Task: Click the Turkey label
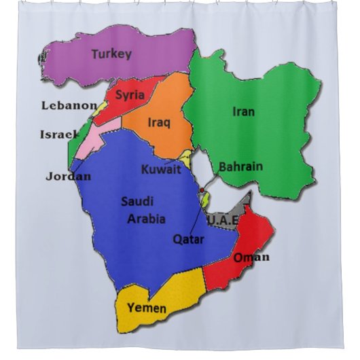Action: click(x=111, y=54)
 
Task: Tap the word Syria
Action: click(x=130, y=95)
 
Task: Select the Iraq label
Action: click(x=159, y=123)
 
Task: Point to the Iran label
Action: click(x=243, y=111)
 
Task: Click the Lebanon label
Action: click(x=69, y=105)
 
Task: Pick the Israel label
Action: click(x=59, y=134)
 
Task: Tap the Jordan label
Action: click(x=68, y=177)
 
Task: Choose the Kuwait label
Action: click(x=161, y=170)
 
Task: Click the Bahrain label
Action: click(x=240, y=166)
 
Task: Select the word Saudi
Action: click(x=137, y=201)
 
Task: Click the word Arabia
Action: click(x=146, y=218)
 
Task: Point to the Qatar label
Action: click(x=188, y=238)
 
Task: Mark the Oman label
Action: click(x=251, y=257)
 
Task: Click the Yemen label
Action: click(x=146, y=308)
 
